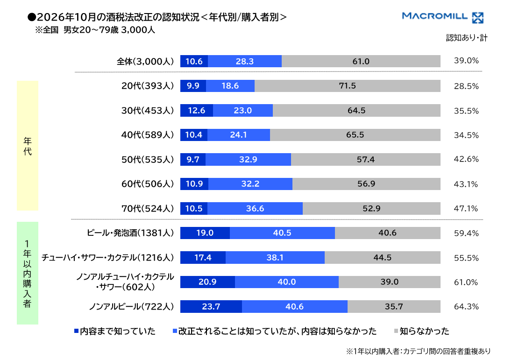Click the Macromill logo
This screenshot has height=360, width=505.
[x=443, y=17]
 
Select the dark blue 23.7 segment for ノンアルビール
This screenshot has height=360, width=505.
[x=211, y=307]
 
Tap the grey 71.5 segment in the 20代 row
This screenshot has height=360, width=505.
[x=348, y=86]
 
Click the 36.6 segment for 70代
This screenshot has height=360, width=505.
[x=255, y=209]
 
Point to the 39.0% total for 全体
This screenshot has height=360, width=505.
[x=466, y=61]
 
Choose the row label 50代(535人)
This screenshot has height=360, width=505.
[x=147, y=159]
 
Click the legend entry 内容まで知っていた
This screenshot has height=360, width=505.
[x=115, y=331]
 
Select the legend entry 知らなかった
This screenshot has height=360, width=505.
[x=421, y=331]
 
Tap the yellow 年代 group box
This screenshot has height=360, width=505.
[x=28, y=146]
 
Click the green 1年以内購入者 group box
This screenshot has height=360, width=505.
[x=28, y=273]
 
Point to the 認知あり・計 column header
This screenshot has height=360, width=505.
[x=467, y=38]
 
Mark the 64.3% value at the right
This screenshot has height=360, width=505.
[x=466, y=307]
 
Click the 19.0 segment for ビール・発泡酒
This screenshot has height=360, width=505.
[x=205, y=233]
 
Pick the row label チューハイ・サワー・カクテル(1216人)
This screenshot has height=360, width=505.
[x=107, y=258]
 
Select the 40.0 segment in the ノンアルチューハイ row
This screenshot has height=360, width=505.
[x=287, y=282]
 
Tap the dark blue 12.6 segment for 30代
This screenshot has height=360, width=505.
[x=197, y=111]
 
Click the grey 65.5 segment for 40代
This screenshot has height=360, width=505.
[x=355, y=135]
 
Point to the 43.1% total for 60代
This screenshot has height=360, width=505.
[x=466, y=184]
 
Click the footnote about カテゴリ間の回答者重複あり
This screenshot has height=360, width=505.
[x=419, y=351]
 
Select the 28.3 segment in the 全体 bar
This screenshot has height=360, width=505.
[x=245, y=61]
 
